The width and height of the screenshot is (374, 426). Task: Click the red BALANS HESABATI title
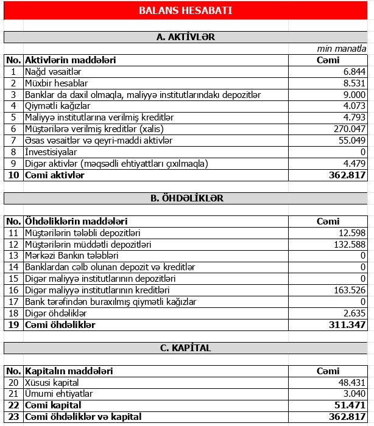185,10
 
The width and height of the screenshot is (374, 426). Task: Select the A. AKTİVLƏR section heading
185,37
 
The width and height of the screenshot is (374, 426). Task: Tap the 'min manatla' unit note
342,49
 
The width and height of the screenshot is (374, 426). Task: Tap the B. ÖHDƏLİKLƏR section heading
185,198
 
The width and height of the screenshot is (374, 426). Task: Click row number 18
13,313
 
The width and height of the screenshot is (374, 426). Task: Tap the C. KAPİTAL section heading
185,348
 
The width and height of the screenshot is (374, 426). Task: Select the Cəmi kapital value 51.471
349,405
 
